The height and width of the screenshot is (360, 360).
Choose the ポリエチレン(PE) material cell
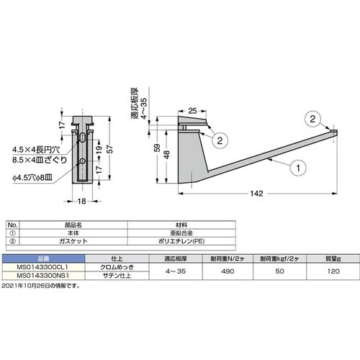tap(176, 241)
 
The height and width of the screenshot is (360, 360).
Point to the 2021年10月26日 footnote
tap(40, 285)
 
